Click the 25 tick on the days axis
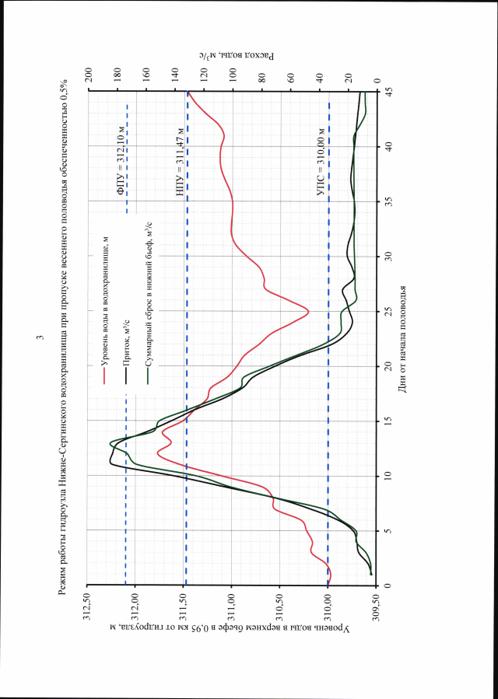(388, 312)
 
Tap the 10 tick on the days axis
(388, 476)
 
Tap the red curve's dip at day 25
(309, 312)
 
